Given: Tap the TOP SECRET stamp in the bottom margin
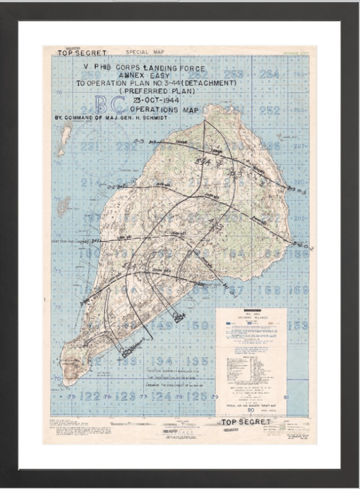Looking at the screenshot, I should (x=245, y=422).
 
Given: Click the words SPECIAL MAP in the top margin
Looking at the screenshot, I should (x=145, y=52).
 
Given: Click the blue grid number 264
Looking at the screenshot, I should (x=269, y=74).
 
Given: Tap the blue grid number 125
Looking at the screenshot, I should (x=196, y=396).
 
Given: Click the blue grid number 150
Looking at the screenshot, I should (x=196, y=325).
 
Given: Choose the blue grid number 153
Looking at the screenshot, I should (x=298, y=325).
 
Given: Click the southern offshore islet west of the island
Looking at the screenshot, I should (x=64, y=205).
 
